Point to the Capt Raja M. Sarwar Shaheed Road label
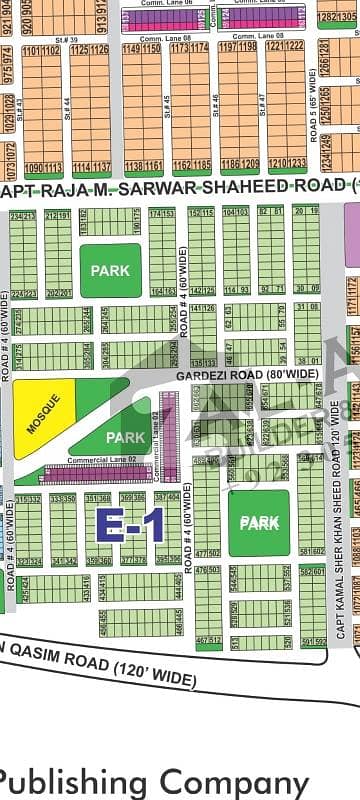tap(180, 187)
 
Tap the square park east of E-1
tap(259, 522)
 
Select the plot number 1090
tap(34, 167)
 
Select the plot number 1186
tap(229, 162)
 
